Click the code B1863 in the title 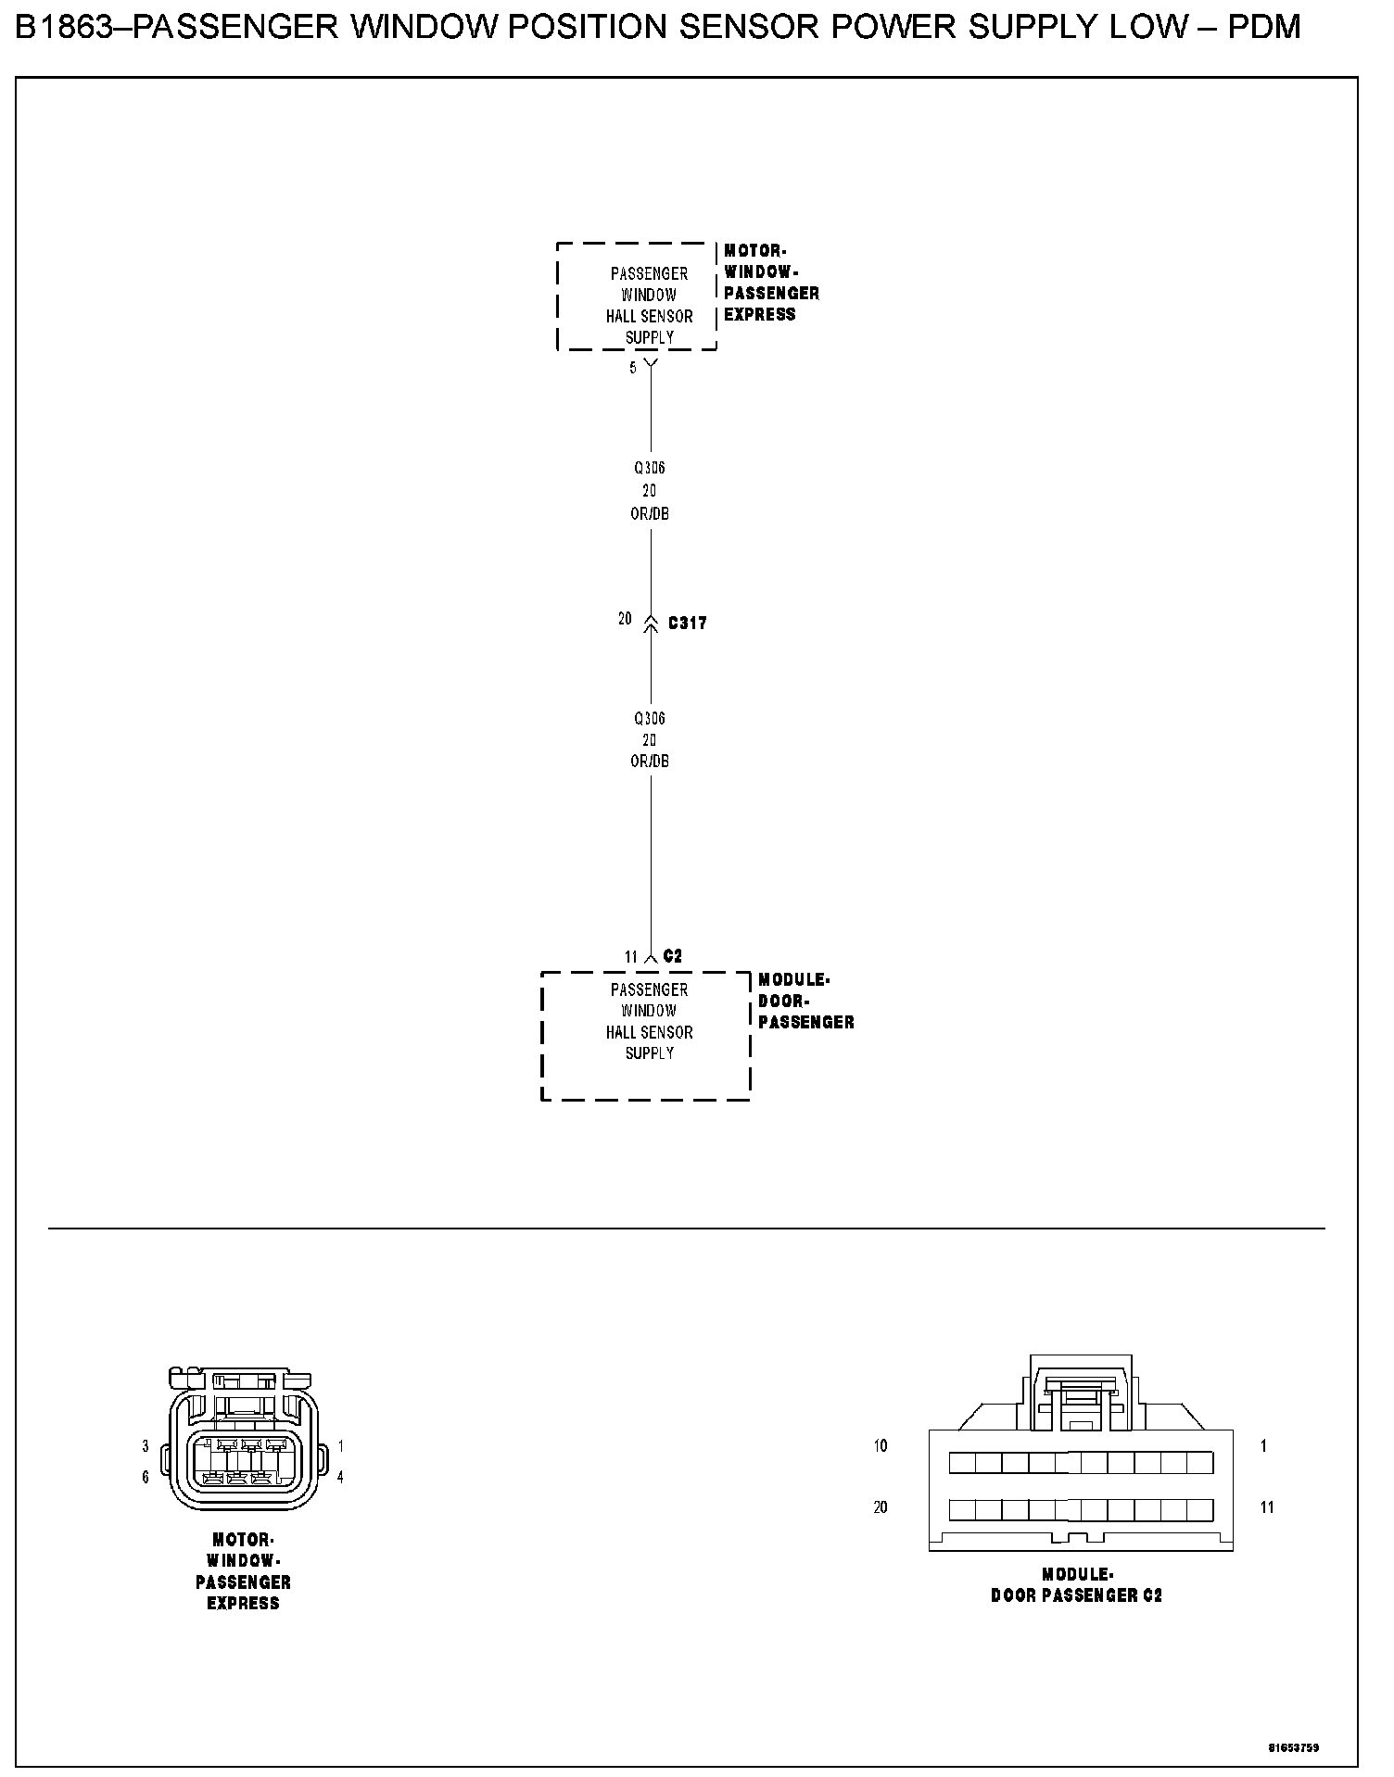coord(68,28)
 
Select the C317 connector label coord(687,624)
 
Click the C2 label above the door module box coord(673,956)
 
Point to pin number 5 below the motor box coord(633,368)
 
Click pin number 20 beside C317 coord(625,619)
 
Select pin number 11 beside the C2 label coord(631,957)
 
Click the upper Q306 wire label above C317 coord(650,468)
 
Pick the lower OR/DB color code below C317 coord(650,762)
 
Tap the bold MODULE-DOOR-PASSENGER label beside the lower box coord(805,1001)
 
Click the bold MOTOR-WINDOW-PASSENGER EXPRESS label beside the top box coord(771,283)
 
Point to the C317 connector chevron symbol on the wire coord(650,622)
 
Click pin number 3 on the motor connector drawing coord(146,1446)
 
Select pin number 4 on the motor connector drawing coord(340,1478)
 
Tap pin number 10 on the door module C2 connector coord(880,1445)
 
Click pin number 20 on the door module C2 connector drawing coord(880,1507)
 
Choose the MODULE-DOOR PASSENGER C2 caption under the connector coord(1076,1584)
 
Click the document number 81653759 coord(1293,1747)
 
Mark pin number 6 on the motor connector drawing coord(146,1478)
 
